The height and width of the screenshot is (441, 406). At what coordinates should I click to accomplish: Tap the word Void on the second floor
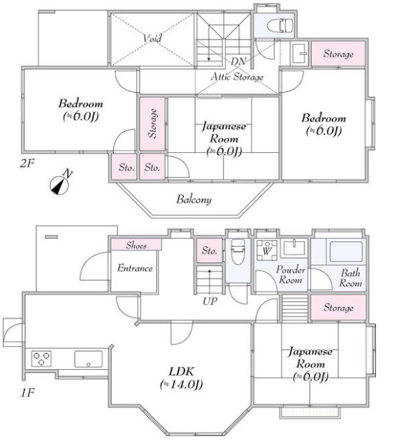click(x=152, y=38)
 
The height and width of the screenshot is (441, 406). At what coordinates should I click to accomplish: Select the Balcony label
click(x=194, y=200)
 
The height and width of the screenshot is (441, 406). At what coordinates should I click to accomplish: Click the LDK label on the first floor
click(x=181, y=371)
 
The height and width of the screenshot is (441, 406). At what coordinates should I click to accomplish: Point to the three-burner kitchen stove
click(x=41, y=359)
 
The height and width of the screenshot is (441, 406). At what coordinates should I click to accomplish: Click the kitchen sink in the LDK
click(x=88, y=359)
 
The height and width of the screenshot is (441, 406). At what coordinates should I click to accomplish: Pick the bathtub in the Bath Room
click(x=347, y=251)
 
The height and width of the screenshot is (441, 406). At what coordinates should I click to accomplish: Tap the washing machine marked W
click(x=266, y=250)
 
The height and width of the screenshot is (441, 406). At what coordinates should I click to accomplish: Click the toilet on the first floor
click(x=238, y=252)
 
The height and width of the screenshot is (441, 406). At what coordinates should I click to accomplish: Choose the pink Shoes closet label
click(x=136, y=245)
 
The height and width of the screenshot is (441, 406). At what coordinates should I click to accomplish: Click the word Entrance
click(x=135, y=268)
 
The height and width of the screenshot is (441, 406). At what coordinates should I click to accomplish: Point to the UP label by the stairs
click(x=210, y=301)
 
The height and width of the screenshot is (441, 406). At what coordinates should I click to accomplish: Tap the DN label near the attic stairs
click(x=238, y=61)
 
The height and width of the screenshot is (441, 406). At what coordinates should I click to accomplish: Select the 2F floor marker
click(x=27, y=163)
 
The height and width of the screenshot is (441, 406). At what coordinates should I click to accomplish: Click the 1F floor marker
click(x=27, y=392)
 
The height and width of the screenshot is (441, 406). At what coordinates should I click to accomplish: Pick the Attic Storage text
click(x=237, y=77)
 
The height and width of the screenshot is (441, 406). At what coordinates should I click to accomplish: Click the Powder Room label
click(x=291, y=275)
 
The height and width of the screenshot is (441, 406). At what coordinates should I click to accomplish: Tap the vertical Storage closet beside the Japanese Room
click(x=152, y=124)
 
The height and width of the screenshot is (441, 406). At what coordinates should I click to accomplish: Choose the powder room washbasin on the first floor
click(x=294, y=248)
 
